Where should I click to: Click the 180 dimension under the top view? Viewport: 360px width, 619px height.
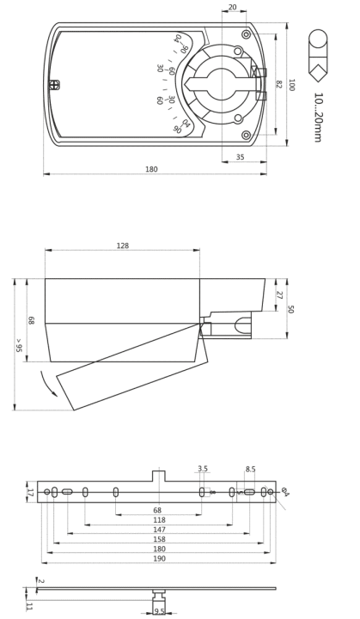click(151, 169)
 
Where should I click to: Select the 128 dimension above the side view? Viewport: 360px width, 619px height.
click(123, 246)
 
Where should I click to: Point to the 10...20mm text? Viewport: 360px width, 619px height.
click(318, 118)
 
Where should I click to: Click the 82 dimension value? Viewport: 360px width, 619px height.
click(278, 84)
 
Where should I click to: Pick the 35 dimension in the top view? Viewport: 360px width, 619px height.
click(240, 157)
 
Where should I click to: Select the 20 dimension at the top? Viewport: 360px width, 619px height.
click(233, 7)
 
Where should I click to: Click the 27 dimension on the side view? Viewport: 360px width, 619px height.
click(279, 294)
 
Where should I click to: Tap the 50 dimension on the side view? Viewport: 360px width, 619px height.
click(291, 309)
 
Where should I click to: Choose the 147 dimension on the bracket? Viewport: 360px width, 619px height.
click(158, 530)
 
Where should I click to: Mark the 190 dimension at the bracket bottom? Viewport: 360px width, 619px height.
click(158, 558)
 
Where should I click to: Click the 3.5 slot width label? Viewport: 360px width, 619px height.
click(203, 469)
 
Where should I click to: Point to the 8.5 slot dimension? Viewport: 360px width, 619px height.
click(250, 469)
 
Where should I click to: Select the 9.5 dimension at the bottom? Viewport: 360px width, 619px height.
click(159, 611)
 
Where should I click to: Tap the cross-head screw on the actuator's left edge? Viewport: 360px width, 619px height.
click(55, 84)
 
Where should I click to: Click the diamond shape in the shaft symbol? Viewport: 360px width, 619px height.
click(318, 73)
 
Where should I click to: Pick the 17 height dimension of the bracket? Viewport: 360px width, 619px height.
click(30, 492)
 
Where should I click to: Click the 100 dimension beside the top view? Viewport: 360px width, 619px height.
click(291, 85)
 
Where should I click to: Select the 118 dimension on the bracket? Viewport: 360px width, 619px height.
click(158, 520)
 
